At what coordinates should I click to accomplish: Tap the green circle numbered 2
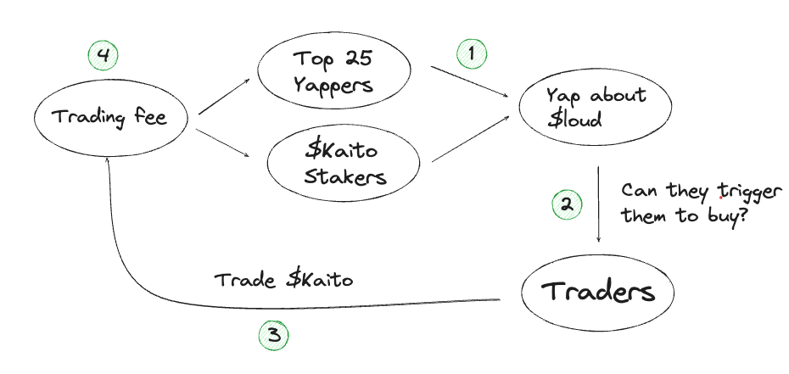tap(568, 204)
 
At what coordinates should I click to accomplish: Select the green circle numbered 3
tap(273, 336)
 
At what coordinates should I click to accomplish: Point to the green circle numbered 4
tap(103, 56)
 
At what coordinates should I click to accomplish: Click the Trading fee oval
tap(112, 117)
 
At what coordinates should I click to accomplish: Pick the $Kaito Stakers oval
tap(333, 165)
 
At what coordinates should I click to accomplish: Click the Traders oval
tap(598, 293)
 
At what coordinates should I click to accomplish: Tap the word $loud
tap(577, 120)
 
